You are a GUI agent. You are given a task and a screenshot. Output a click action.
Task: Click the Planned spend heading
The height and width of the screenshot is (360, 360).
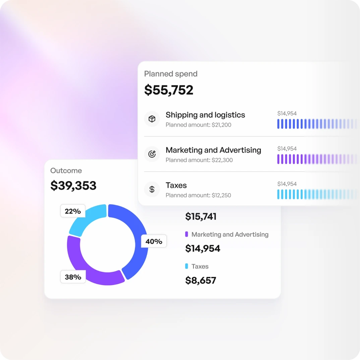click(x=171, y=74)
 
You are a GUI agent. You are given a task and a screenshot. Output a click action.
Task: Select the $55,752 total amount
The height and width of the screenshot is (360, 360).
click(x=169, y=90)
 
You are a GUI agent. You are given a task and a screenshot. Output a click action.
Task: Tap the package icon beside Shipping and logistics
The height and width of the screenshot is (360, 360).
click(x=152, y=119)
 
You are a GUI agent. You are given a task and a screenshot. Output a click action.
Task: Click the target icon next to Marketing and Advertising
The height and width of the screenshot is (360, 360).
click(x=152, y=154)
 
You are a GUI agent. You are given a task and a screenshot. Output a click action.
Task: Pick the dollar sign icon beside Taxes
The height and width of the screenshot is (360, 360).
click(x=152, y=189)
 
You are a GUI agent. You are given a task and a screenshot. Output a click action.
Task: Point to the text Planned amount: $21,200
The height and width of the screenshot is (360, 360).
click(x=198, y=125)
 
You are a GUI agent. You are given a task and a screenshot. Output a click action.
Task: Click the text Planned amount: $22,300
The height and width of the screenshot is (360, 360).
click(x=199, y=160)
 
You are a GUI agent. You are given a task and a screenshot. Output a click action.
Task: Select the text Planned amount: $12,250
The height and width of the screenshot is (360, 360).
click(x=198, y=195)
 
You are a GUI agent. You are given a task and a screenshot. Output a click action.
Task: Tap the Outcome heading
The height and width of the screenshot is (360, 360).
click(x=66, y=171)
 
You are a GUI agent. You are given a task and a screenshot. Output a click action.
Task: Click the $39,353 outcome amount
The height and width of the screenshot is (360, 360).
click(x=73, y=185)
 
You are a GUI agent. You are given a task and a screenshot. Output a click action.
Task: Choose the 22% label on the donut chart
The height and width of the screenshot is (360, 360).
click(x=73, y=211)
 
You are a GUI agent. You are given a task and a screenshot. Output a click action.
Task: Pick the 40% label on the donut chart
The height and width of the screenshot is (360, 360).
click(x=154, y=241)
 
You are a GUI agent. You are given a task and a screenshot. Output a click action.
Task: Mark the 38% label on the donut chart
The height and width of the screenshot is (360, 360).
click(x=73, y=277)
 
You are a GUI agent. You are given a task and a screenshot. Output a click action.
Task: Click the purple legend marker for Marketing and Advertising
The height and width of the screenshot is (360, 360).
click(x=186, y=234)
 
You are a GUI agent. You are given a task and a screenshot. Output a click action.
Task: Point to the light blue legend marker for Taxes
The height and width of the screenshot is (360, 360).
click(x=186, y=266)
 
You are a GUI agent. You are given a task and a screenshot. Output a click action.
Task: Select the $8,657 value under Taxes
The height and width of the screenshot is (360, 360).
click(x=201, y=280)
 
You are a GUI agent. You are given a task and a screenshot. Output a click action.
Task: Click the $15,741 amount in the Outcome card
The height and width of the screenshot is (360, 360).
click(x=201, y=217)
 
